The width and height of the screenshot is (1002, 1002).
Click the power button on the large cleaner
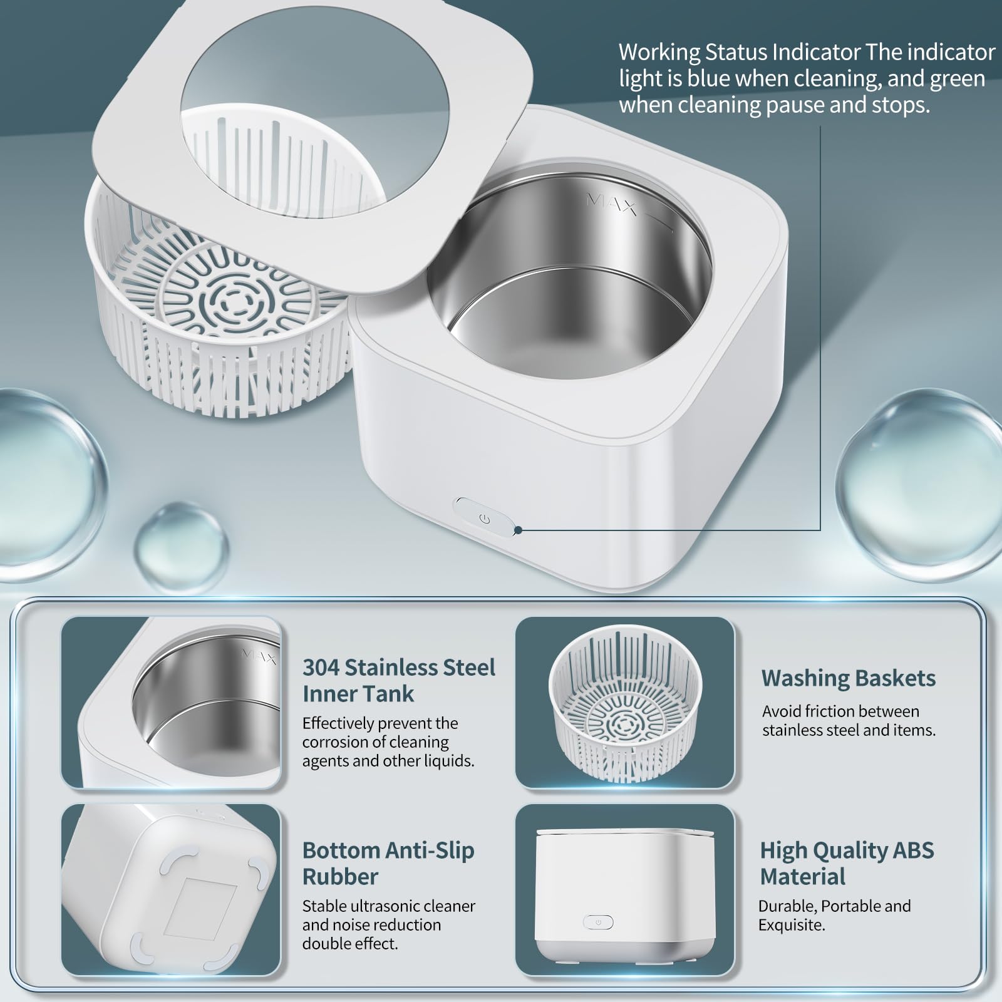[483, 519]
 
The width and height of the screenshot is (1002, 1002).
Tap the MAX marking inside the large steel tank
[611, 204]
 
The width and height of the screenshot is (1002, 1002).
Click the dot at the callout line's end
[519, 530]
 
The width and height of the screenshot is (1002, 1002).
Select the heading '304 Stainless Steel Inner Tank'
[399, 680]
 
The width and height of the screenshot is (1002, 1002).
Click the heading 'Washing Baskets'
[849, 678]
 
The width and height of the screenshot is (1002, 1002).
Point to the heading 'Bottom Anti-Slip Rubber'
[388, 863]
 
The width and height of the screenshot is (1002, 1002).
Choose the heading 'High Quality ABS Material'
[847, 863]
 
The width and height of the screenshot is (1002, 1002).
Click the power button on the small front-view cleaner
[598, 922]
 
